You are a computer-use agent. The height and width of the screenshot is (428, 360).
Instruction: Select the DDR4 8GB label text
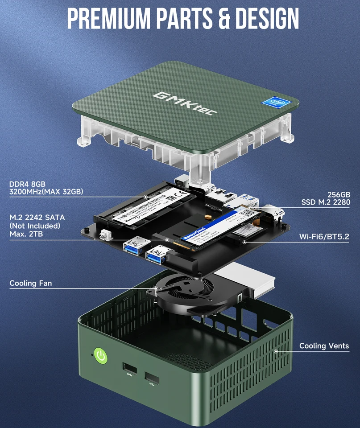coord(27,184)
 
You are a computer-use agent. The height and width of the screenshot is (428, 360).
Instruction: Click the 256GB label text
coord(339,194)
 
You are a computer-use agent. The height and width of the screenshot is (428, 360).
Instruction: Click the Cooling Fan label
coord(30,283)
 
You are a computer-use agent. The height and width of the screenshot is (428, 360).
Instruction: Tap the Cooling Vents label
coord(324,346)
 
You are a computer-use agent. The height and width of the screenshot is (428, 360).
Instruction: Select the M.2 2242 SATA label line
coord(37,218)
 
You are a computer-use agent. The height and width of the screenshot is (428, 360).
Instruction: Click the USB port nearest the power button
coord(130,368)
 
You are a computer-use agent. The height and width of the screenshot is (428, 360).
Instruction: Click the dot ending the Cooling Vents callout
coord(276,351)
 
